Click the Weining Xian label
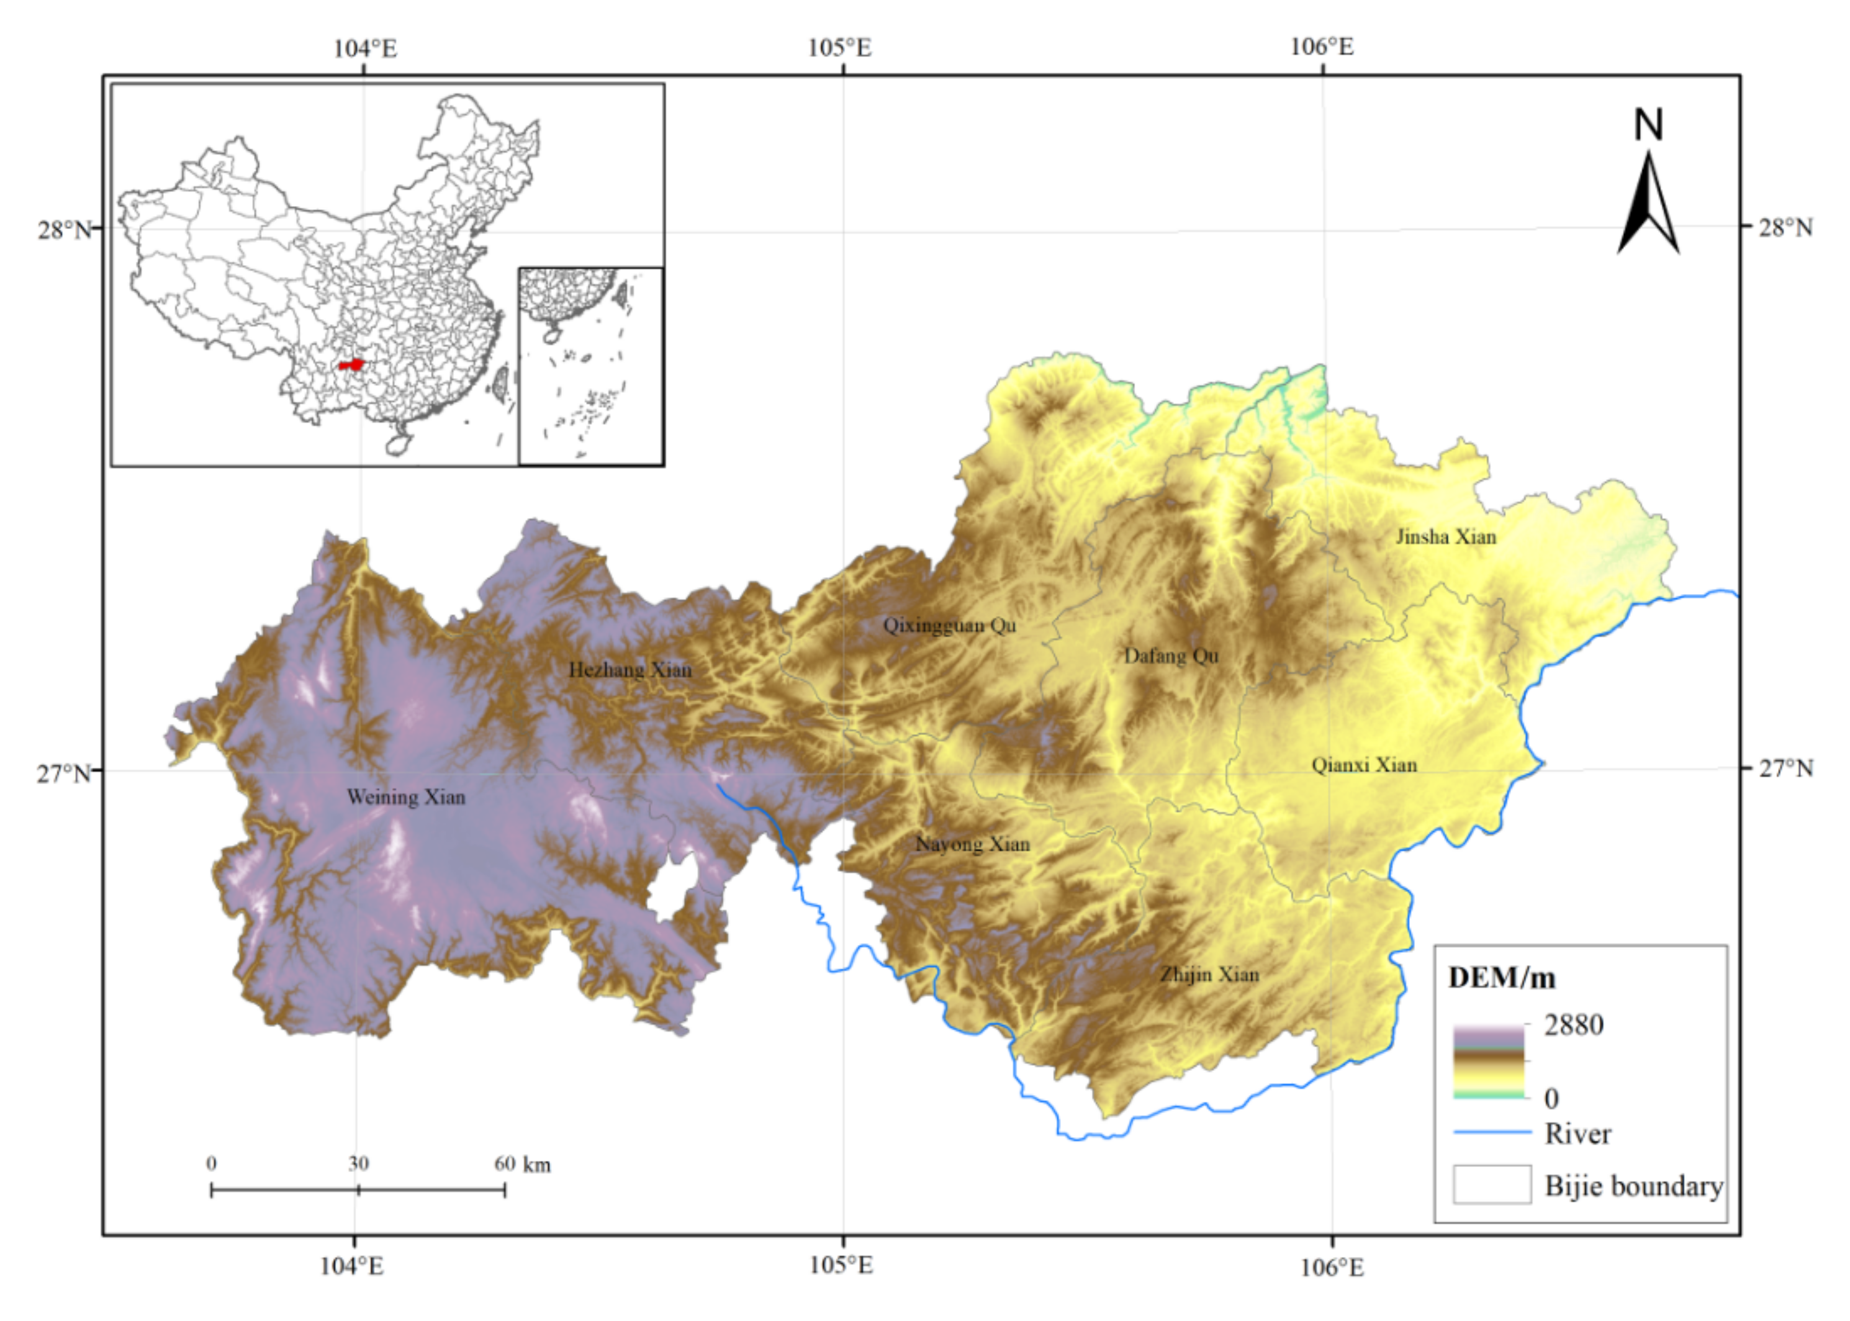click(x=406, y=797)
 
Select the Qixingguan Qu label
click(x=949, y=626)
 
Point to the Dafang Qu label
click(x=1171, y=656)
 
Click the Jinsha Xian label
click(x=1446, y=537)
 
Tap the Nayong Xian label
click(x=972, y=844)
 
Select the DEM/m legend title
click(x=1501, y=978)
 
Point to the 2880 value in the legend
click(x=1573, y=1026)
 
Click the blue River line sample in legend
click(x=1492, y=1132)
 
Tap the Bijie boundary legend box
click(x=1492, y=1184)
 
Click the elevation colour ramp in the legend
click(x=1489, y=1062)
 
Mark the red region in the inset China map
click(x=351, y=365)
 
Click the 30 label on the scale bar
click(x=359, y=1164)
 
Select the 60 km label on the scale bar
click(x=521, y=1164)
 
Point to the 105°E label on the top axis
click(x=839, y=48)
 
